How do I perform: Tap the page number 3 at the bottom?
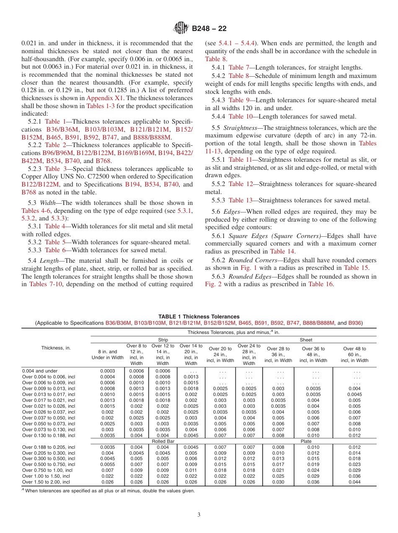[x=199, y=515]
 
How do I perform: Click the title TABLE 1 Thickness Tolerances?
[x=199, y=317]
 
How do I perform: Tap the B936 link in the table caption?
[x=354, y=323]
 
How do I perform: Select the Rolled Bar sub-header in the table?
[x=163, y=441]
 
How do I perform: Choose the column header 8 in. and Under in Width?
[x=108, y=355]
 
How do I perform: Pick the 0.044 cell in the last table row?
[x=354, y=482]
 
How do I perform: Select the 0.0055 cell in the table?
[x=107, y=464]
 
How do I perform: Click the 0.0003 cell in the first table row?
[x=107, y=371]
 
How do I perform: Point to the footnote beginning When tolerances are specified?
[x=109, y=491]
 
